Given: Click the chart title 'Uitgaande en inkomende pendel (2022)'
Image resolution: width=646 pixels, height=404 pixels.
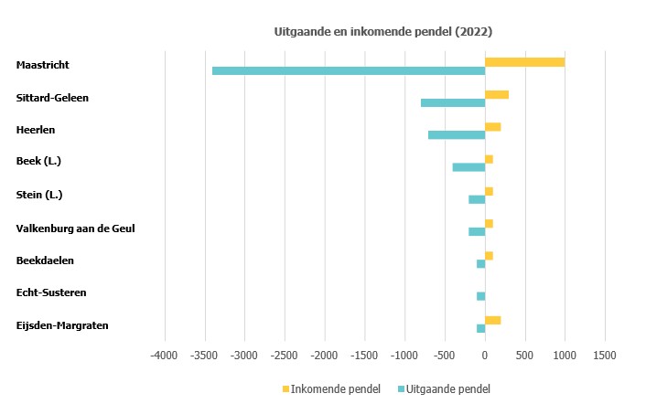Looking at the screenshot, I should tap(383, 31).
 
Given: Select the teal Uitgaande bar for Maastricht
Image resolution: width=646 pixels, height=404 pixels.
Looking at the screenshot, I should tap(349, 70).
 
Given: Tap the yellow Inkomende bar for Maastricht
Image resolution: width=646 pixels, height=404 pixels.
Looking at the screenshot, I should tap(524, 61).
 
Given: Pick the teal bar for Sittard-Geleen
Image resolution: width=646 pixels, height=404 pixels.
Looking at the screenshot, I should tap(453, 102).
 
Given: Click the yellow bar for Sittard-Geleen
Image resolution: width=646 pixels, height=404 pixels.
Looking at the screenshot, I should tap(497, 94).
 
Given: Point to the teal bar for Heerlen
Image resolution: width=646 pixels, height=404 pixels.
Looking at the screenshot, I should tap(457, 135).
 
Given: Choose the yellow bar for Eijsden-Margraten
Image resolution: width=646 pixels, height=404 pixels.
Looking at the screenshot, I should tap(492, 320).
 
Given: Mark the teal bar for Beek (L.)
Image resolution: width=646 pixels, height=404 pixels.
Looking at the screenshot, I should tap(468, 167).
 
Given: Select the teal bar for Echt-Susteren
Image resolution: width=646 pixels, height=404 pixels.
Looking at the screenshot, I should tap(480, 296).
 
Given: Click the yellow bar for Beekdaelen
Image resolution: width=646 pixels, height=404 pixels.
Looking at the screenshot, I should tap(489, 255).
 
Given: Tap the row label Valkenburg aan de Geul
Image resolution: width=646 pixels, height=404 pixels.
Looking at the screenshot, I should tap(76, 229).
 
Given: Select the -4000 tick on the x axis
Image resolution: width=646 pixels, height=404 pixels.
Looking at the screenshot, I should tap(165, 354).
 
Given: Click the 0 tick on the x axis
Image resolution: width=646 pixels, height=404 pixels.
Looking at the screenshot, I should tap(485, 354).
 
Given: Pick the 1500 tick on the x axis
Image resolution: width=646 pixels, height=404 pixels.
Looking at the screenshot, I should tap(604, 354).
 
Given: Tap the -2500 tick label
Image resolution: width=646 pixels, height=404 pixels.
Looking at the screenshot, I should tap(285, 354).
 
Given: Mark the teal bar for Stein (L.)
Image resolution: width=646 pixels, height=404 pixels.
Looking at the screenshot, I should tap(477, 199).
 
